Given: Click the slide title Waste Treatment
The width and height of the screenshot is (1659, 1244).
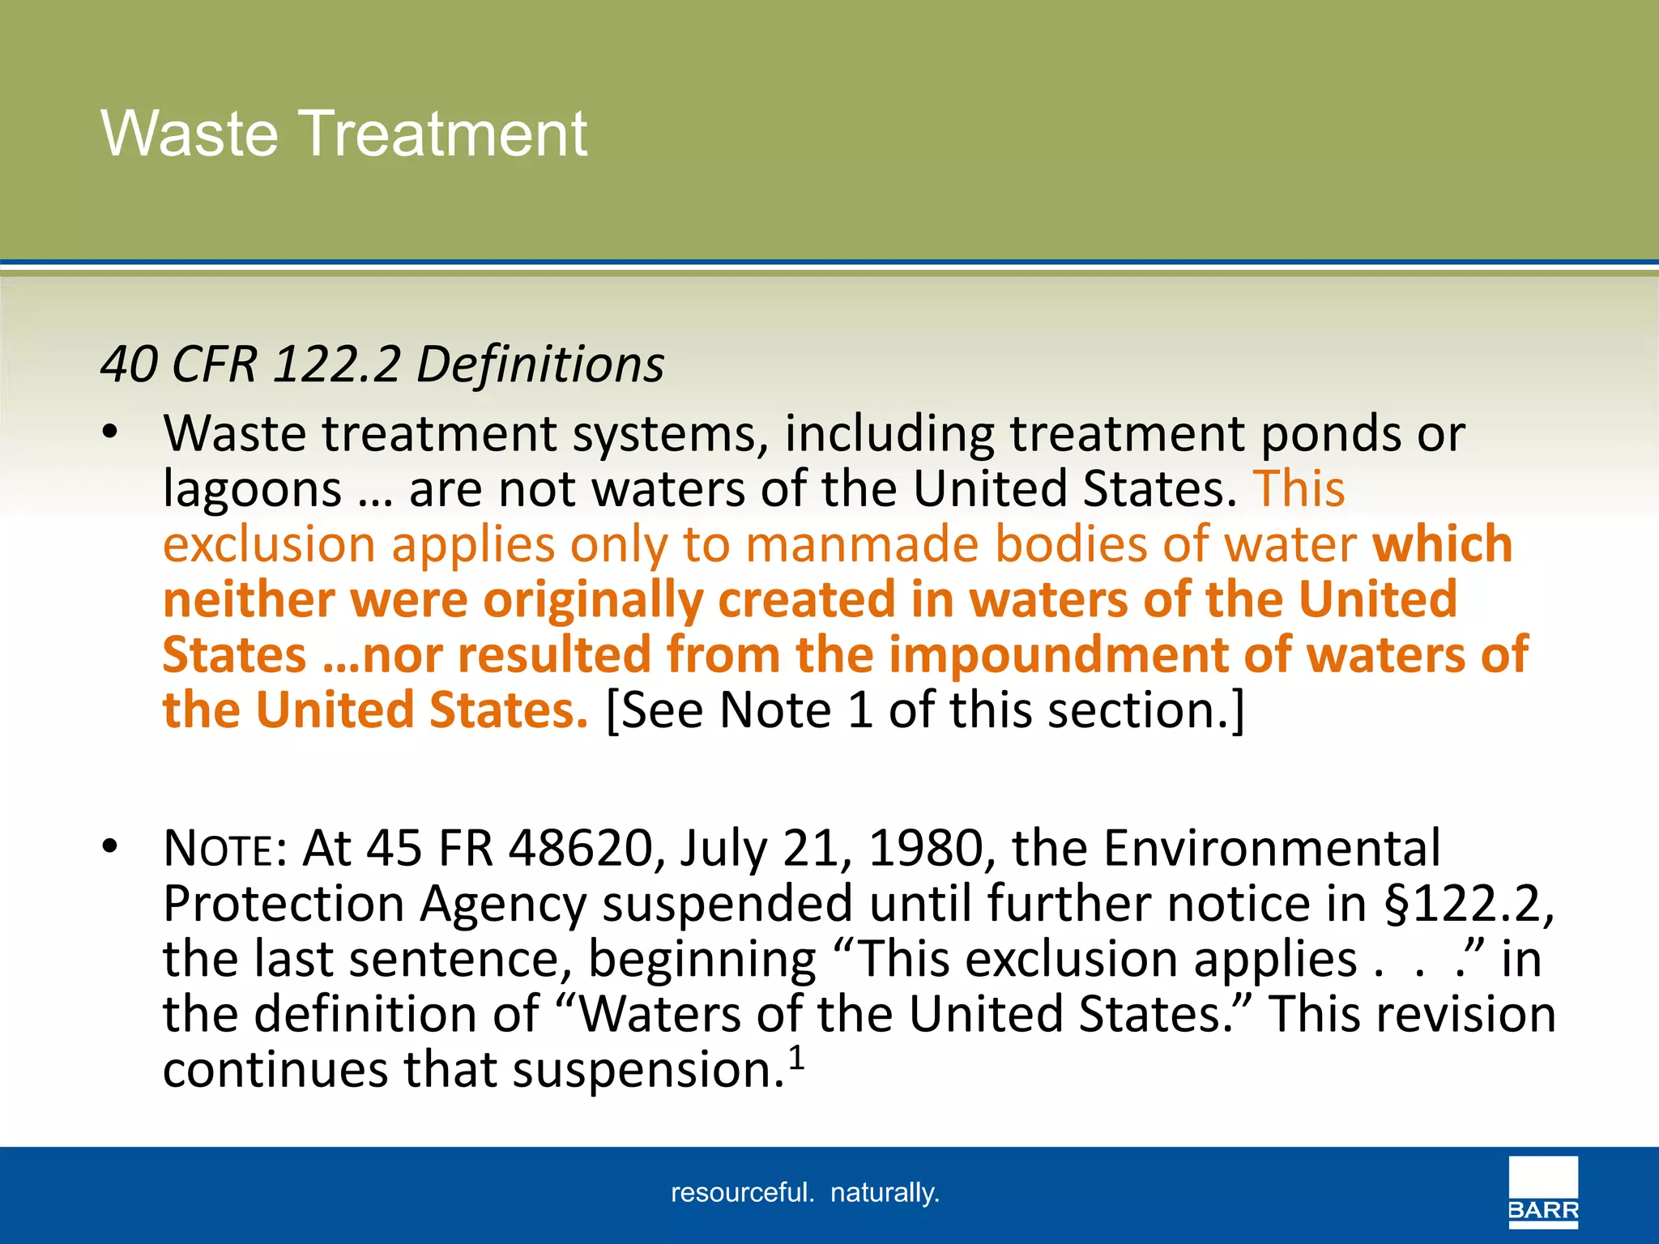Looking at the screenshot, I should point(343,134).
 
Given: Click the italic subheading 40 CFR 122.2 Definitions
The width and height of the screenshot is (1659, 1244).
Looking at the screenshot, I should point(382,364).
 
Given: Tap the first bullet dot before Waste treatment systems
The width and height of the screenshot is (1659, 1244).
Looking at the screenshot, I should point(110,432).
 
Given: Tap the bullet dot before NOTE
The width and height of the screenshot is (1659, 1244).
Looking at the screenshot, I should point(110,847).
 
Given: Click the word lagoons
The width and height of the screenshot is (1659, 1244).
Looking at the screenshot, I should point(252,490).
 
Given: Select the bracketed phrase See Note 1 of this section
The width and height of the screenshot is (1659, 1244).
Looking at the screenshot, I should point(924,710).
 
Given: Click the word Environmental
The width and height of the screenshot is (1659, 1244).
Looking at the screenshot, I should point(1272,849).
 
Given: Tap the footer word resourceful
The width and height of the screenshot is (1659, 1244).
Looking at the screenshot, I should point(741,1193).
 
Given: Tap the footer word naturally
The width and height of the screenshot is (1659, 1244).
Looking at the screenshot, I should point(884,1193).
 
